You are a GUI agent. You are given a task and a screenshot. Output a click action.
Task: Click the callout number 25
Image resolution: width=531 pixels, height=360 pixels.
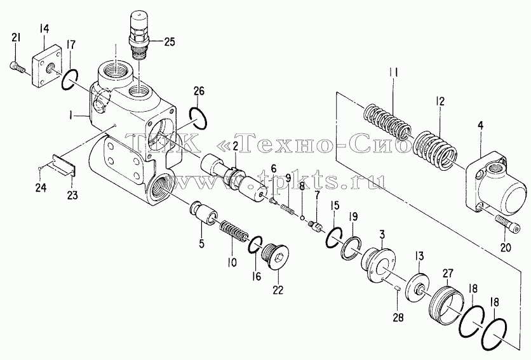click(x=170, y=43)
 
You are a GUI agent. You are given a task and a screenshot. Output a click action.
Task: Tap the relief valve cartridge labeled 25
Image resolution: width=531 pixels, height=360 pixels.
click(x=140, y=35)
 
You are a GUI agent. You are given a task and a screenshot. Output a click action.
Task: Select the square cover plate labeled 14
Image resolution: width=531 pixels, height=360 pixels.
click(x=47, y=67)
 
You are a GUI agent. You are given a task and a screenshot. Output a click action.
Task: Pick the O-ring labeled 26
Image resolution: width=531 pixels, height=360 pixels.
click(x=198, y=118)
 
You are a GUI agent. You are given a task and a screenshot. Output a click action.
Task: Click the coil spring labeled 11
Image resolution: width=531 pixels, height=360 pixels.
click(x=387, y=121)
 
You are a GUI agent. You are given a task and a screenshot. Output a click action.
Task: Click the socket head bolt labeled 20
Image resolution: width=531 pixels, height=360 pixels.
click(x=507, y=225)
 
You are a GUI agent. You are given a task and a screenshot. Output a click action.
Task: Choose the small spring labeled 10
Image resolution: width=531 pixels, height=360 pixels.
click(x=234, y=234)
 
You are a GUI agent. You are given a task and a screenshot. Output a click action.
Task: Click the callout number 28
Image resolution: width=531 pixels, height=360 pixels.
click(x=398, y=317)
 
